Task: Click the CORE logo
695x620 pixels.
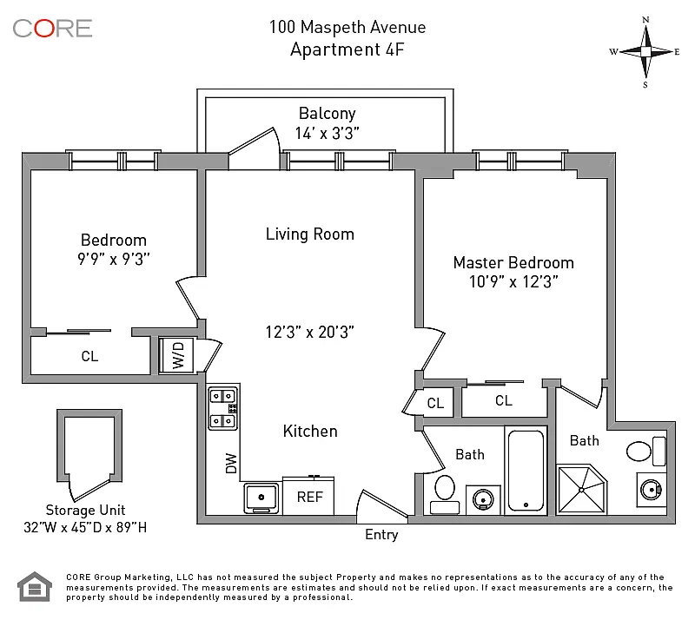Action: [52, 29]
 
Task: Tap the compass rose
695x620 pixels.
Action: [645, 52]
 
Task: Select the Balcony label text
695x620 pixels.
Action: [328, 114]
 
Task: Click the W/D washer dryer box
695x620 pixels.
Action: [176, 355]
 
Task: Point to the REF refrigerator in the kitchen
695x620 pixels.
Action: [308, 496]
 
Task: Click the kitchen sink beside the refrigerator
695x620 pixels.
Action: [261, 498]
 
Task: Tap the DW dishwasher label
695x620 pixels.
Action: [231, 463]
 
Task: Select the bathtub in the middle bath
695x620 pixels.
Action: [526, 470]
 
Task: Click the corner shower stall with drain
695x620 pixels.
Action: [581, 489]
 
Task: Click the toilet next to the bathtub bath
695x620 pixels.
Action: [445, 494]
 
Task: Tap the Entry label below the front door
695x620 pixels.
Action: [381, 535]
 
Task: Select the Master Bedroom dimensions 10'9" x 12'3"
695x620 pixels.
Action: [513, 282]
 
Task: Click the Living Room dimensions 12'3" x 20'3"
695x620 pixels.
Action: [309, 332]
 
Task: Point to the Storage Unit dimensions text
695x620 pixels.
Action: [85, 527]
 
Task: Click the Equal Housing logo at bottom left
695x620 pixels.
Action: [35, 587]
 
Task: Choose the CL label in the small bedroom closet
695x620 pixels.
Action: [89, 356]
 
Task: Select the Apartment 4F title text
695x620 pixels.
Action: [347, 49]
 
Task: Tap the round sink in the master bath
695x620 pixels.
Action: [652, 490]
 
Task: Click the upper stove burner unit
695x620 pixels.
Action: [222, 396]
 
